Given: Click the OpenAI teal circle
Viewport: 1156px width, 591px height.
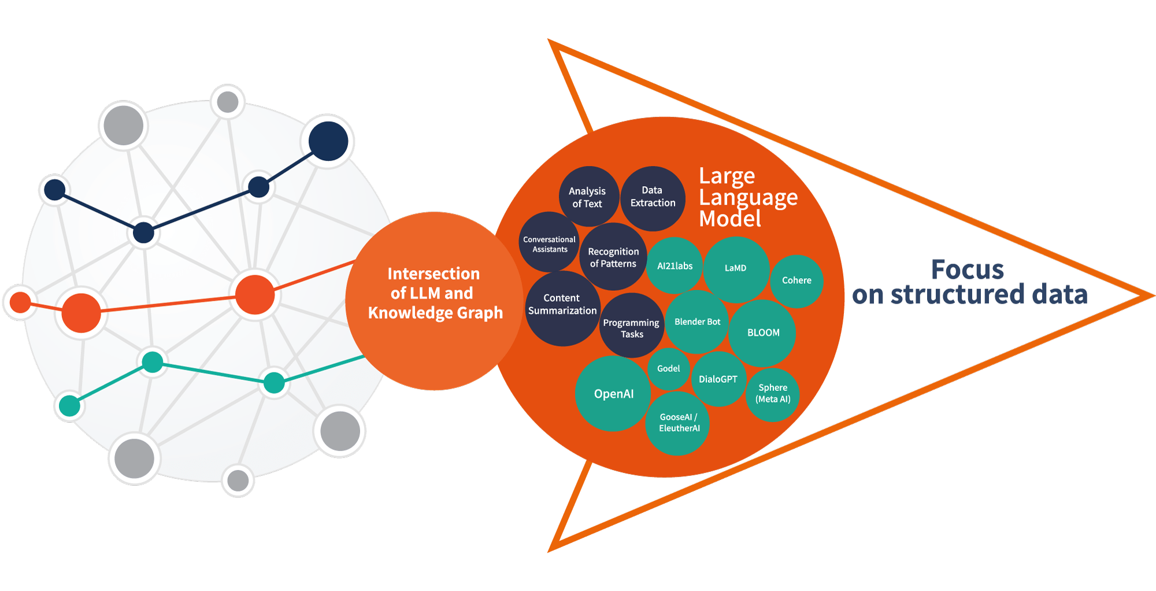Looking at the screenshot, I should tap(613, 394).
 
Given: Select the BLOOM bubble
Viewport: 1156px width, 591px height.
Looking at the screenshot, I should tap(763, 333).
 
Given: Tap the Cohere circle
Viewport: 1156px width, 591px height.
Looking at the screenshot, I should tap(796, 280).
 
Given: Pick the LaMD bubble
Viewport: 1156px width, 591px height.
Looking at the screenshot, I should tap(736, 268).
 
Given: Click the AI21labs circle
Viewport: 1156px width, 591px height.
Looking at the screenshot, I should tap(675, 266).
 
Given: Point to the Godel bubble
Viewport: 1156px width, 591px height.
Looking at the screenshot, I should tap(668, 368).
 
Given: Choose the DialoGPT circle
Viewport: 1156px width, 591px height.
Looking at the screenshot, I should tap(718, 379).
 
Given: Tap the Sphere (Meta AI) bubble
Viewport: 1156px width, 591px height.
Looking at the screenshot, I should tap(773, 394).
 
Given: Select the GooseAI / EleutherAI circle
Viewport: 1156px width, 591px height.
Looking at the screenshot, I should tap(679, 423).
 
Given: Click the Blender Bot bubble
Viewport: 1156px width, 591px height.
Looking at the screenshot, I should tap(697, 322).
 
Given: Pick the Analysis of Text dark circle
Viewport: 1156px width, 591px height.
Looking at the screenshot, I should tap(588, 197).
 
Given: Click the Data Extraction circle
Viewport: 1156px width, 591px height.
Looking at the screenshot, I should tap(653, 197).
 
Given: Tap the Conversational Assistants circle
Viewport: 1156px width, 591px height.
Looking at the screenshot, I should tap(549, 244).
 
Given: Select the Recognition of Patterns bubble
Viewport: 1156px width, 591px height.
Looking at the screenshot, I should tap(613, 257).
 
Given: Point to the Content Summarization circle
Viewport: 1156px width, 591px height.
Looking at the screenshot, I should tap(562, 305).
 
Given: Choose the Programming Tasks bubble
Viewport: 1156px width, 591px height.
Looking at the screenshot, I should tap(631, 328).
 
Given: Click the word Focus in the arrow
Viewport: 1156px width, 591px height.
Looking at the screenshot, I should tap(967, 269).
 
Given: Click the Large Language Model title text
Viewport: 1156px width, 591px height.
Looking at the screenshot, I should tap(747, 197).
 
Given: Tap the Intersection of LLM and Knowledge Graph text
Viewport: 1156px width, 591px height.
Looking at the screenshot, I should tap(435, 293).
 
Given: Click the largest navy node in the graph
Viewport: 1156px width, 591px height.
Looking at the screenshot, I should tap(328, 141).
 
